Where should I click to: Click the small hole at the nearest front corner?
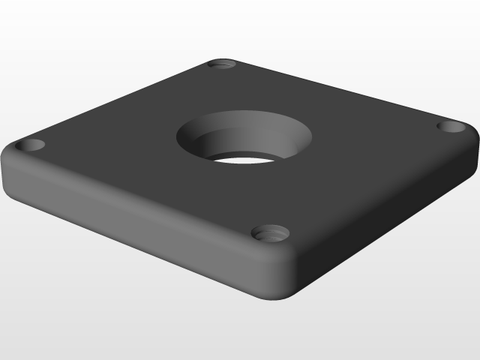pos(270,232)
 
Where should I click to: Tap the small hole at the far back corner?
pos(222,64)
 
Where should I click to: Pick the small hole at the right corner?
pos(451,126)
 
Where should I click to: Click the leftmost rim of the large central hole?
pos(178,137)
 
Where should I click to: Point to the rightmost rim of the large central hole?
pos(312,135)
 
